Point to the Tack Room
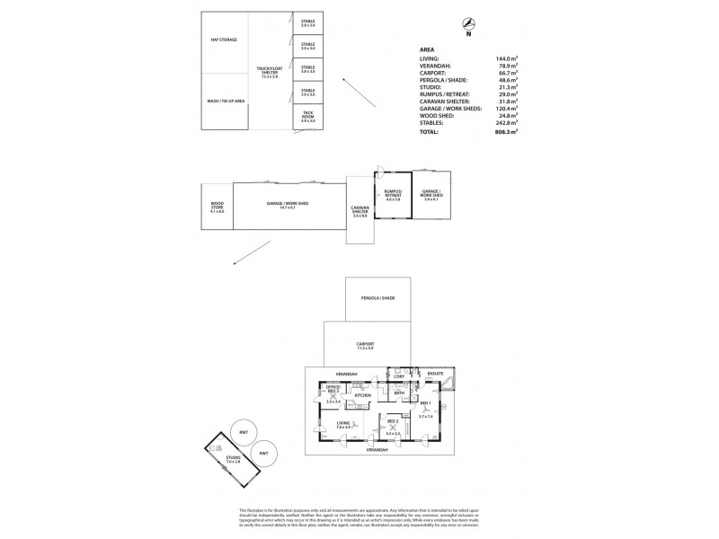[x=308, y=116]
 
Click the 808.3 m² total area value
[x=510, y=132]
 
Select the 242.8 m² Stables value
[x=510, y=124]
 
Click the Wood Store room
[x=217, y=206]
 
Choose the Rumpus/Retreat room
[x=392, y=195]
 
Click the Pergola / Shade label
[x=378, y=297]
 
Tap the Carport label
[x=365, y=345]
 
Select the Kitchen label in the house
[x=362, y=395]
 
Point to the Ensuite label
[x=436, y=373]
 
